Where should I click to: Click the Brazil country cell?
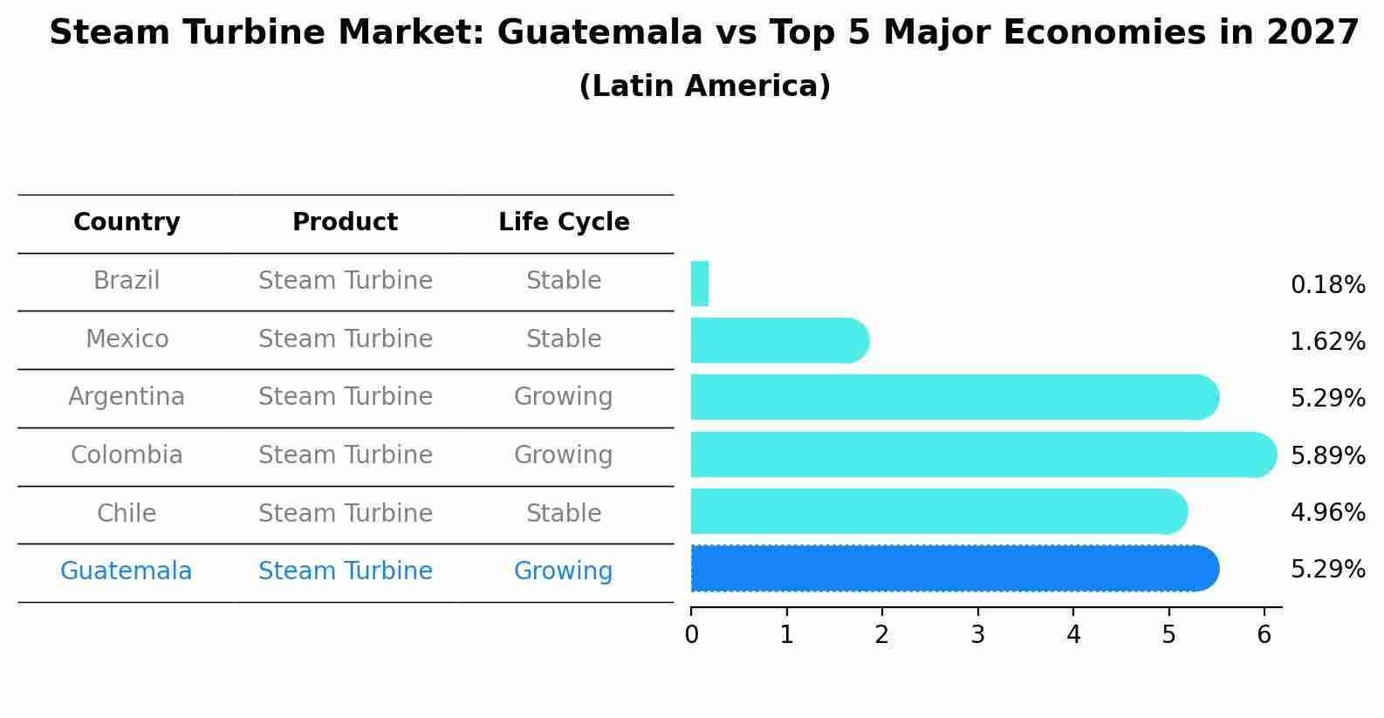(127, 281)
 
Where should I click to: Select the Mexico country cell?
(127, 338)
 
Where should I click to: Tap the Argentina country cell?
(127, 397)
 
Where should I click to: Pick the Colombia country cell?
(127, 455)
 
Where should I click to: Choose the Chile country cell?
(127, 513)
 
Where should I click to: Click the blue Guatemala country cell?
(127, 571)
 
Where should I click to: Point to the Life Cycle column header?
(564, 222)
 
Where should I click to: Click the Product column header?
(345, 222)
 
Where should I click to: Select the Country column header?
(127, 222)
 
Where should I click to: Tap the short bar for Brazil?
(699, 284)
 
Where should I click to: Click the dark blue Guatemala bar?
(951, 568)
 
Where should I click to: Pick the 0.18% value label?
(1327, 285)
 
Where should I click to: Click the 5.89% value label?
(1327, 455)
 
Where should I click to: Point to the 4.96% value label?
(1327, 512)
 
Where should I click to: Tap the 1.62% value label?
(1327, 342)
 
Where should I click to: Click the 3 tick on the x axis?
(977, 635)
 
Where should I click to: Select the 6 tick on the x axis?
(1264, 635)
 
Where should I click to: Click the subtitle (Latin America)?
(704, 86)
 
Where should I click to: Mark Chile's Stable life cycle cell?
(564, 513)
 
